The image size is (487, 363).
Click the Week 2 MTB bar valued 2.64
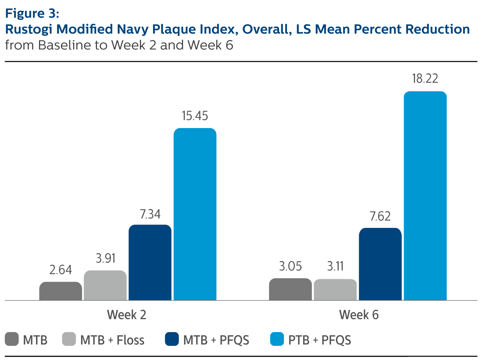61,291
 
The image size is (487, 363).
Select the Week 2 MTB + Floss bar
105,285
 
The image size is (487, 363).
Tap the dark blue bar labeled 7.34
150,263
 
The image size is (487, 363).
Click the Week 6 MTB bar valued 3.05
290,289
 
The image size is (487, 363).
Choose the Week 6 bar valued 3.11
335,290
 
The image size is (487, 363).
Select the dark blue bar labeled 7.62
380,264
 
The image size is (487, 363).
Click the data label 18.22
425,79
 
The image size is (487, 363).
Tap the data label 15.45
195,116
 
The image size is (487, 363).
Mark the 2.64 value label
61,270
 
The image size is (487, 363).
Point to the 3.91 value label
106,258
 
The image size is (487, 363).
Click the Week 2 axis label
127,315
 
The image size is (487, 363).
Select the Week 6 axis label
359,315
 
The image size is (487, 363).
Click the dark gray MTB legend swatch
12,339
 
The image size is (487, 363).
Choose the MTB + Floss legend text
112,340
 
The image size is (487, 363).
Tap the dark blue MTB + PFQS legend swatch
172,339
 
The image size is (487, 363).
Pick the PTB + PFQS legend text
320,340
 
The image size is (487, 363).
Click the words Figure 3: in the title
32,13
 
